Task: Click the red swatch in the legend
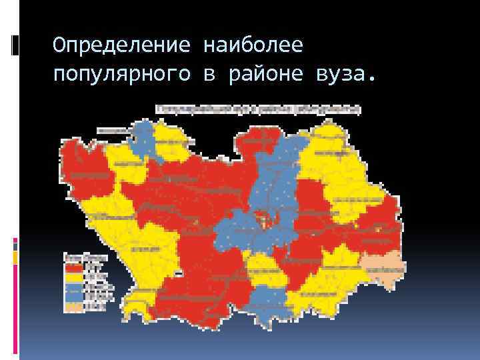pyautogui.click(x=72, y=265)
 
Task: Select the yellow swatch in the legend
pyautogui.click(x=72, y=276)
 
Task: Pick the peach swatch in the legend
pyautogui.click(x=72, y=307)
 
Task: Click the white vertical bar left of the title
pyautogui.click(x=15, y=45)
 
